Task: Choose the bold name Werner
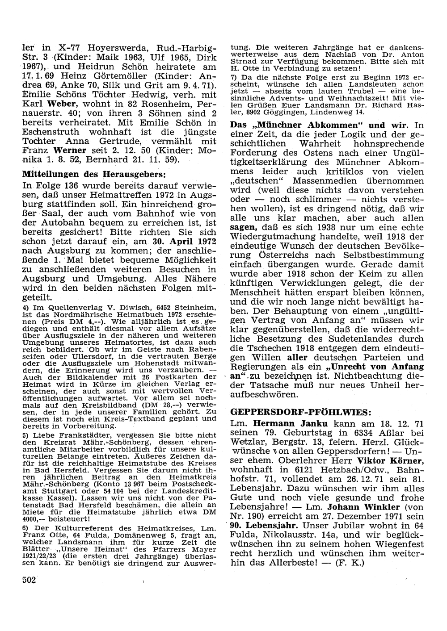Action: tap(72, 150)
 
